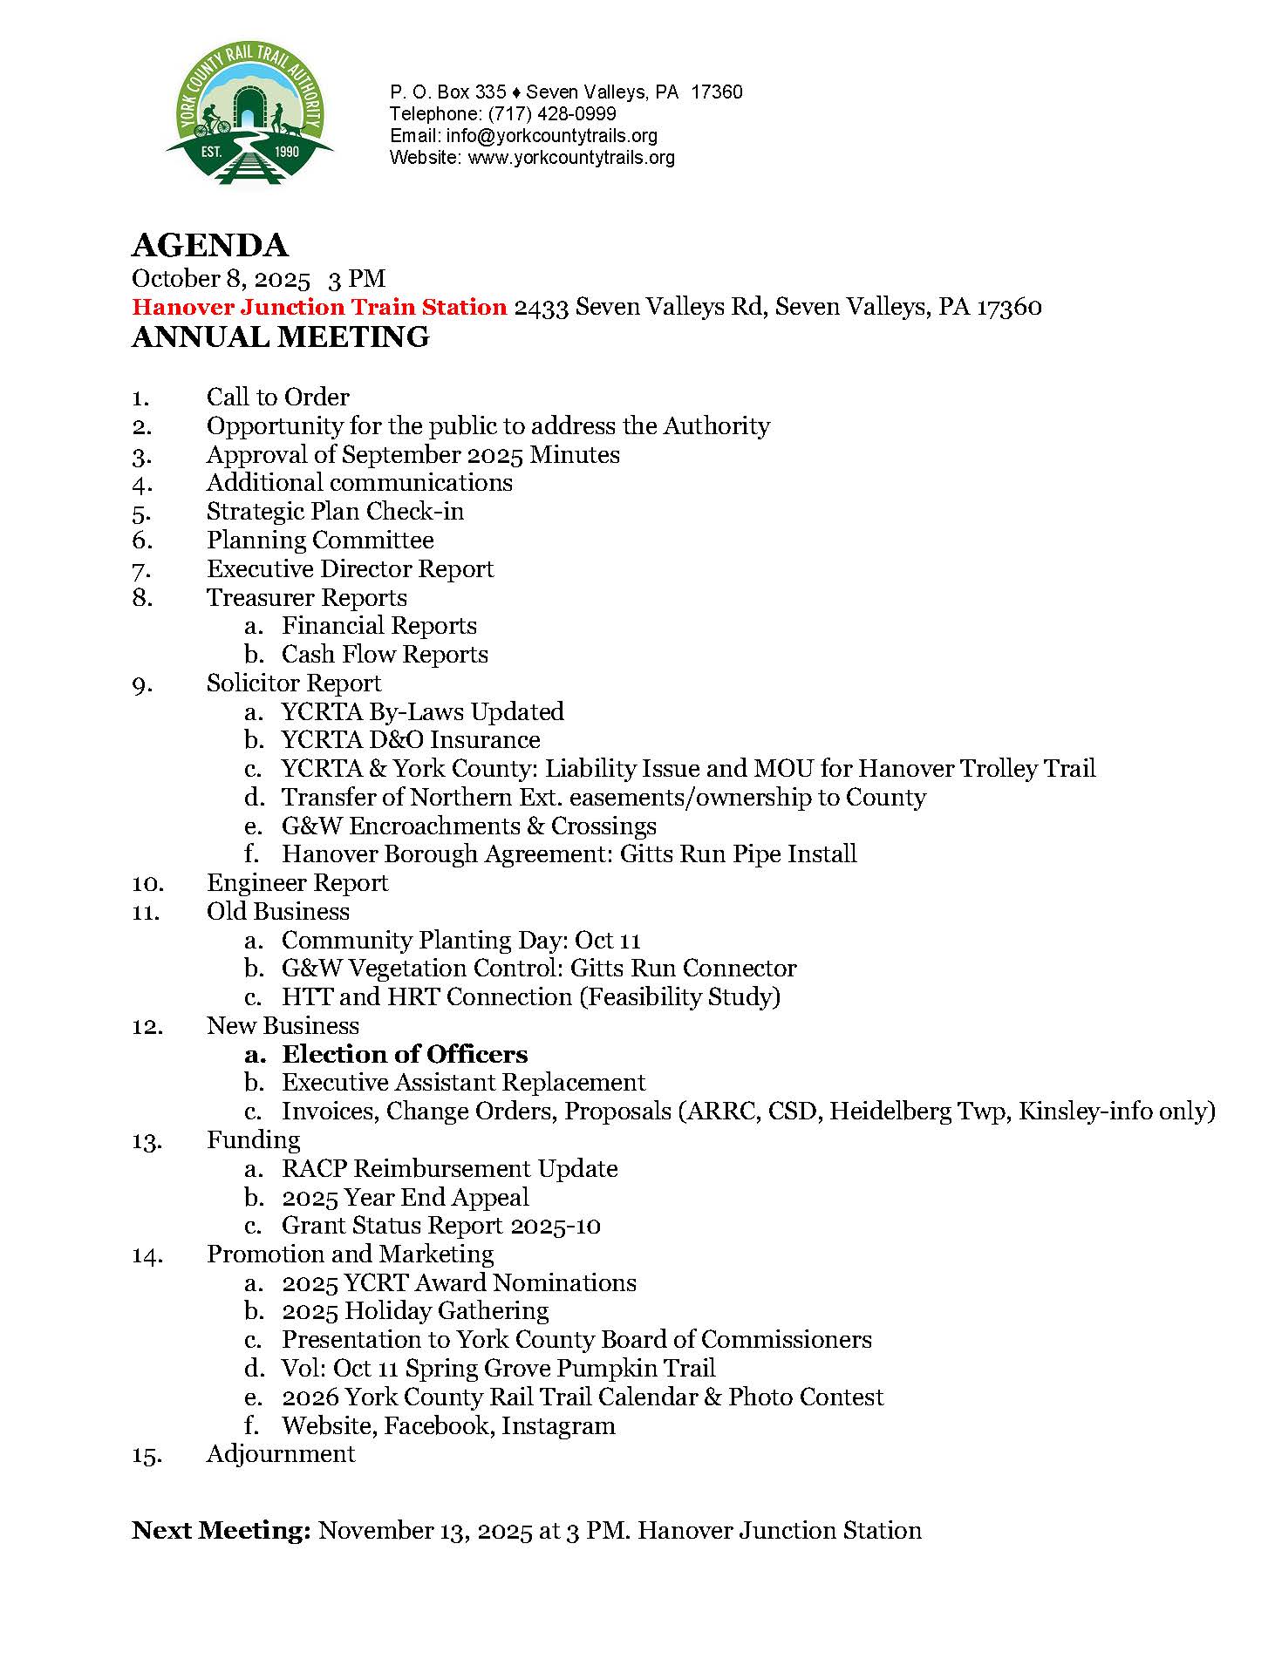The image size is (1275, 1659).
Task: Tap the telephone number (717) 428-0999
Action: click(551, 114)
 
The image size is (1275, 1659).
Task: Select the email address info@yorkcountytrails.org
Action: click(551, 136)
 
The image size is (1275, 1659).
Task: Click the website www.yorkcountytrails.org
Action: click(571, 158)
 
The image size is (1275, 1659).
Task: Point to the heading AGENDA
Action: click(209, 246)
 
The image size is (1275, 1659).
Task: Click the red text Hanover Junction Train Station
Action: click(319, 307)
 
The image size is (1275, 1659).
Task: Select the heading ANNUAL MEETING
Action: click(280, 337)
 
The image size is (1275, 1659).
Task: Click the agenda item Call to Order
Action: click(277, 398)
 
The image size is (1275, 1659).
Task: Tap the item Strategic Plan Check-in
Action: click(335, 512)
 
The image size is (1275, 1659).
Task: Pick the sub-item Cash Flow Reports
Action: click(385, 655)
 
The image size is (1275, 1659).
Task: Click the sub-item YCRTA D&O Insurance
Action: click(411, 740)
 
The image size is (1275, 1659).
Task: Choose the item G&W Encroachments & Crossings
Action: click(468, 826)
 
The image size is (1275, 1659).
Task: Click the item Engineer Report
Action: click(297, 883)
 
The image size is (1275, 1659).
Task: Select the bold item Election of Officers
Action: click(405, 1055)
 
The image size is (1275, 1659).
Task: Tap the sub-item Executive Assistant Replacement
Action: click(463, 1083)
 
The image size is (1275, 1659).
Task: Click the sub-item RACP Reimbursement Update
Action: click(449, 1169)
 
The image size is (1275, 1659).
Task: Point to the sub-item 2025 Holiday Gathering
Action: click(415, 1311)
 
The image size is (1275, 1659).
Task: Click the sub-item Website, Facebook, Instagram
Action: click(448, 1426)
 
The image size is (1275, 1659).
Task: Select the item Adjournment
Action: click(281, 1454)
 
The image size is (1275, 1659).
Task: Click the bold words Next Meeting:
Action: click(222, 1531)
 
